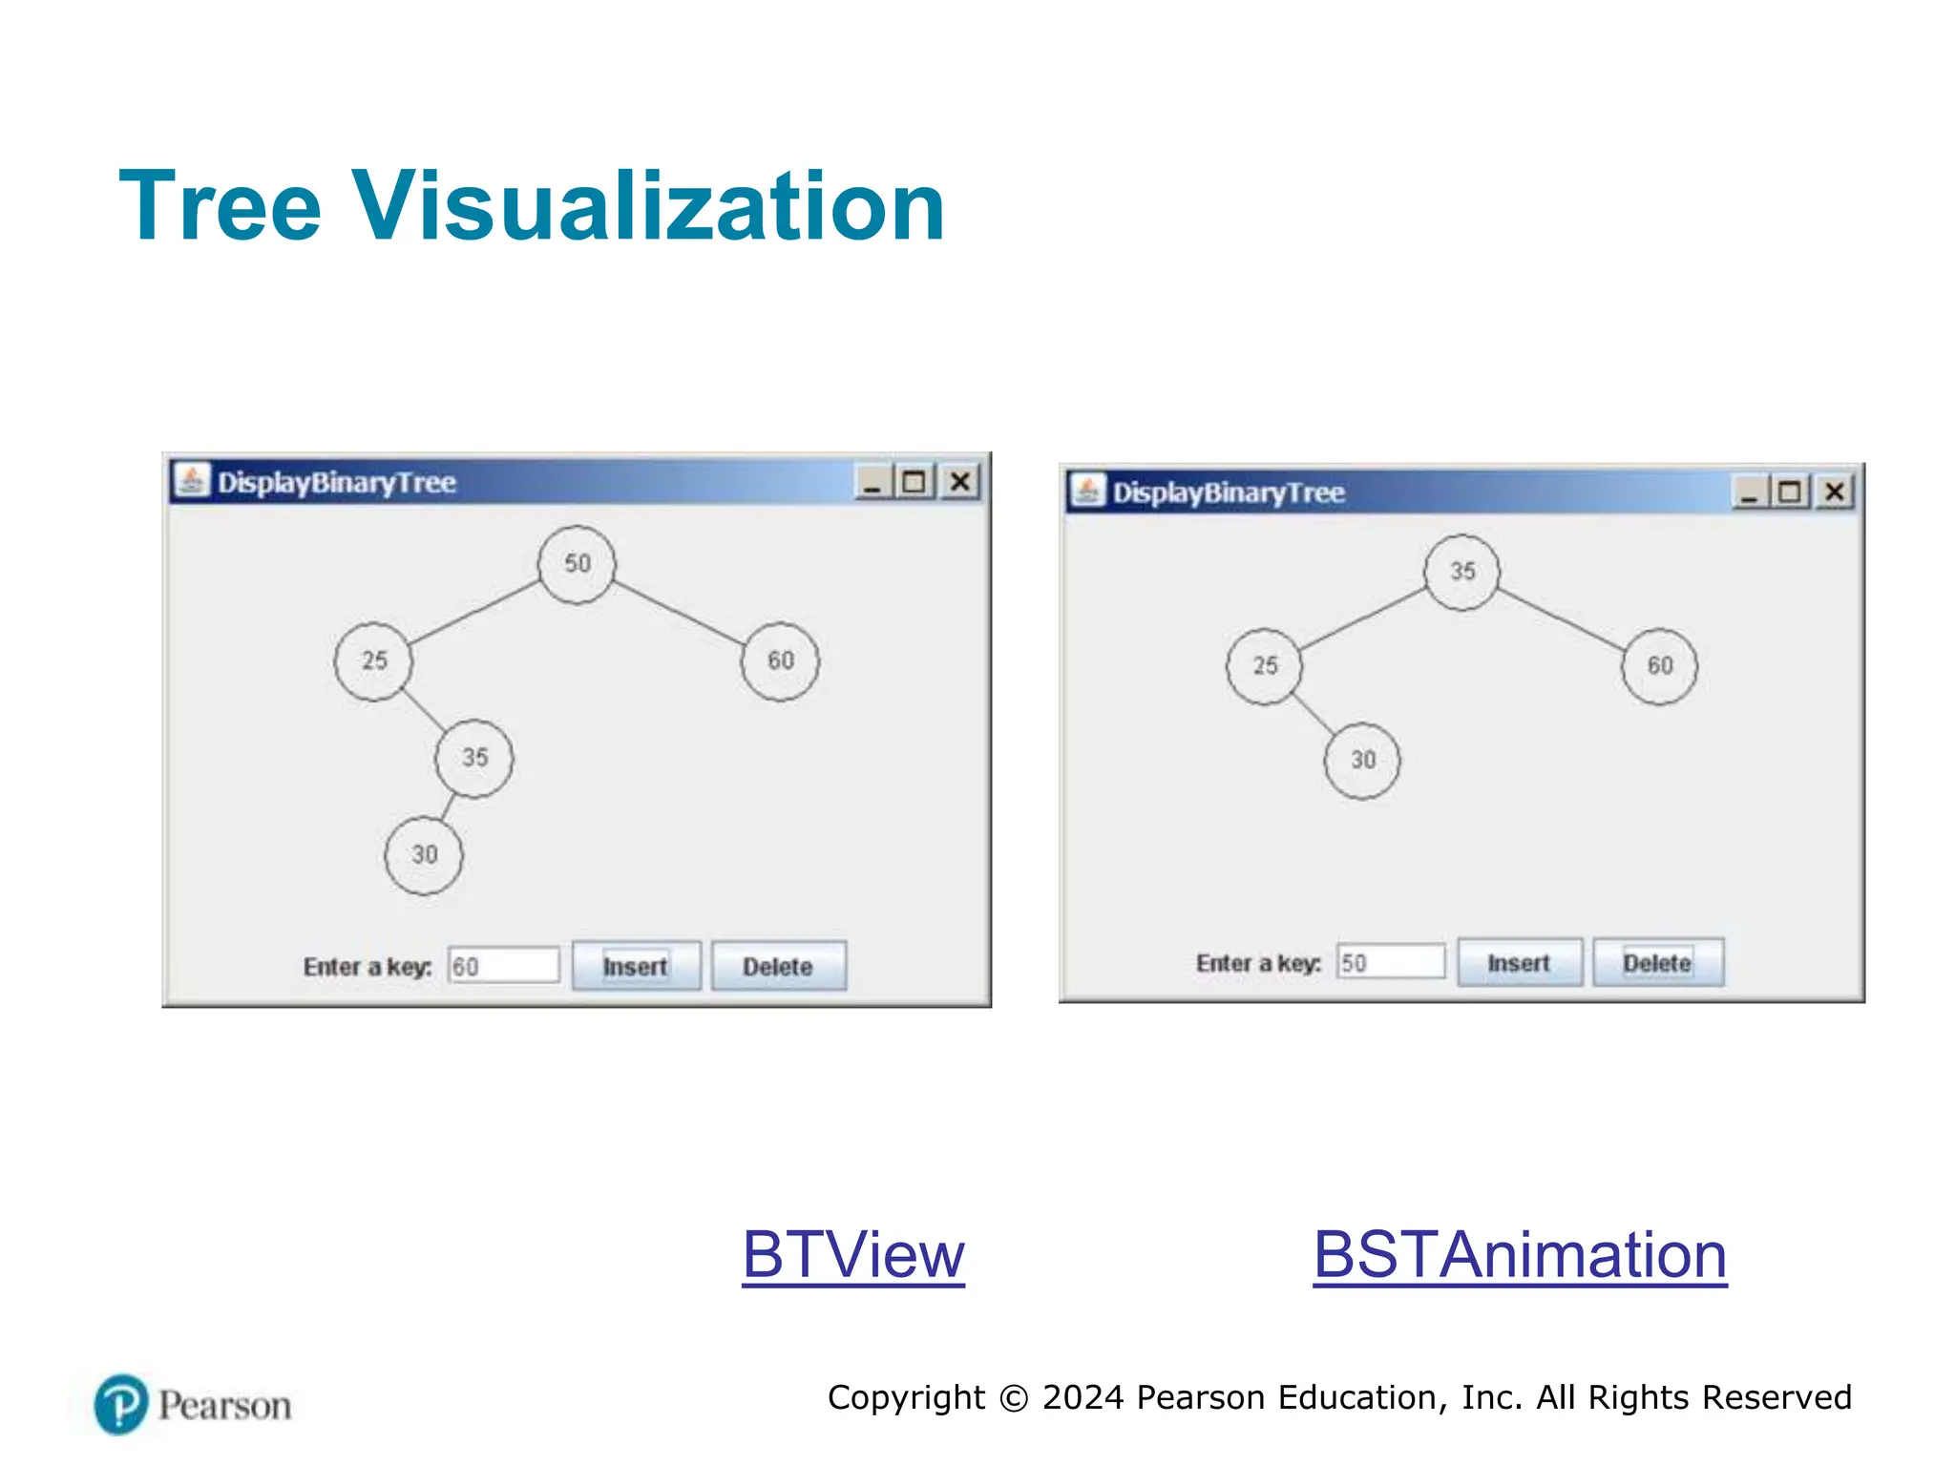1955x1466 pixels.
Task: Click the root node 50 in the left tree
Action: (577, 564)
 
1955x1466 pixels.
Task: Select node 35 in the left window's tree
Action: (474, 758)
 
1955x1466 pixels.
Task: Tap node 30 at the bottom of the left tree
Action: (424, 855)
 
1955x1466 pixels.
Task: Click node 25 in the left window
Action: (373, 660)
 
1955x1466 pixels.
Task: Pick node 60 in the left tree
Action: (780, 660)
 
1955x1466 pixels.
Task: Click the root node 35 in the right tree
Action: (1461, 572)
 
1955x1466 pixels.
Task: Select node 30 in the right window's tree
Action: (1362, 761)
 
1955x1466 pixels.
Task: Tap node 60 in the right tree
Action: (1659, 666)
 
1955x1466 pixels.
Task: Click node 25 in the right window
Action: (1264, 666)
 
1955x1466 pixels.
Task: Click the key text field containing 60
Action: (504, 966)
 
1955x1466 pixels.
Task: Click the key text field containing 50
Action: (1391, 962)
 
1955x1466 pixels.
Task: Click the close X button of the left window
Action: (960, 482)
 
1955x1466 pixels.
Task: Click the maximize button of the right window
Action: (1790, 492)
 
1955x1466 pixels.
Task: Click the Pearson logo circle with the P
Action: (121, 1404)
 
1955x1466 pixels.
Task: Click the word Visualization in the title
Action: (649, 206)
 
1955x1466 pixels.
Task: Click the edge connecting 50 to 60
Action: (678, 612)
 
